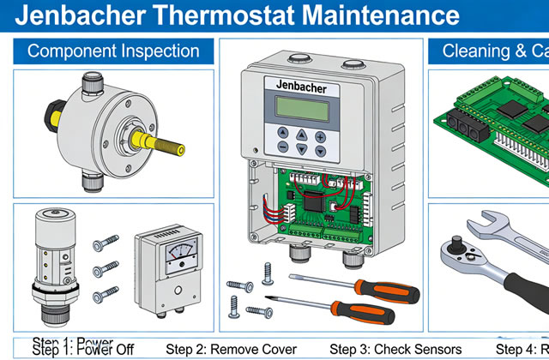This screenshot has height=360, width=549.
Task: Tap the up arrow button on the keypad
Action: click(301, 135)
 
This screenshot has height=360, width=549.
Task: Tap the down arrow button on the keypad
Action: click(301, 149)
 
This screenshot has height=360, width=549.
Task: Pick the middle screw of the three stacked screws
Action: click(105, 269)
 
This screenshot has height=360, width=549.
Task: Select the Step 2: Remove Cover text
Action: click(231, 349)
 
